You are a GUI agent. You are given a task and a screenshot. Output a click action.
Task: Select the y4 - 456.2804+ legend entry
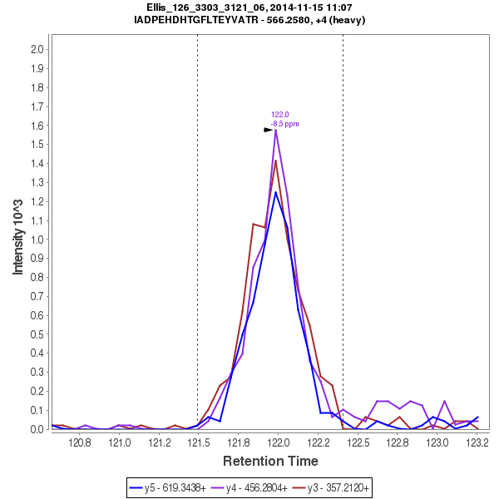coord(254,487)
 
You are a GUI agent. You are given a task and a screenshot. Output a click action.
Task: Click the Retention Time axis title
coord(269,460)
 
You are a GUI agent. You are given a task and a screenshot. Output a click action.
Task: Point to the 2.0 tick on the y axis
coord(37,49)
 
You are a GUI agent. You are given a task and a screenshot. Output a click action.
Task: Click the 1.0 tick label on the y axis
coord(37,240)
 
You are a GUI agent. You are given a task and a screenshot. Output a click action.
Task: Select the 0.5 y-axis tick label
coord(37,334)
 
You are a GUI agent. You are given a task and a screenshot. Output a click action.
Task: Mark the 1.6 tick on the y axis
coord(37,126)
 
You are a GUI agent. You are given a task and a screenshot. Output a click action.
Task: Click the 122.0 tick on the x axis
coord(278,442)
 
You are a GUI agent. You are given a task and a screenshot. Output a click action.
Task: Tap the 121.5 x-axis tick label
coord(199,442)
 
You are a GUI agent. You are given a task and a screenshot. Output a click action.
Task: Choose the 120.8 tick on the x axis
coord(80,442)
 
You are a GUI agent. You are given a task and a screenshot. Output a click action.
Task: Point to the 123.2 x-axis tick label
coord(477,442)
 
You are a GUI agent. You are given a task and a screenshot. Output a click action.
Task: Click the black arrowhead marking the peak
coord(269,130)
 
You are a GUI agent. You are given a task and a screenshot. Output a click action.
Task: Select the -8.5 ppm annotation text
coord(284,124)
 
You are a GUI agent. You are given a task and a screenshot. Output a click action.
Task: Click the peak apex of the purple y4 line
coord(275,130)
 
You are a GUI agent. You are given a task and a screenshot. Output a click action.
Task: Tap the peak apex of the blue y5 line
coord(275,192)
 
